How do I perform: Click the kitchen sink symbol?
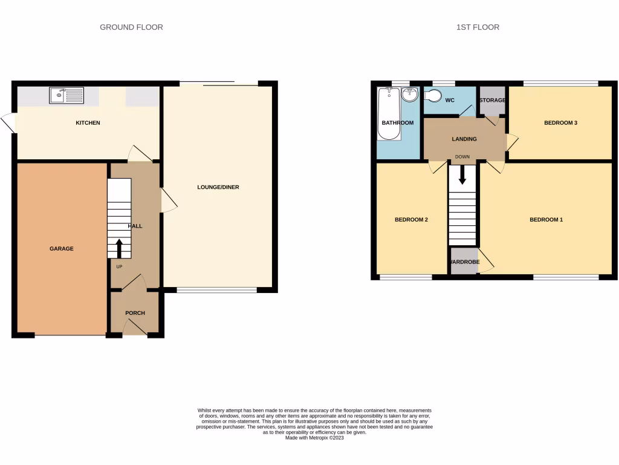pos(66,95)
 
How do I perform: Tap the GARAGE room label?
pos(62,248)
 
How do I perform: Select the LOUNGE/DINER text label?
pos(218,187)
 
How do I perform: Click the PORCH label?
pos(135,313)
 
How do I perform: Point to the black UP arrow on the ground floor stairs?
pos(119,247)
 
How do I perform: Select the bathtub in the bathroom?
pos(387,113)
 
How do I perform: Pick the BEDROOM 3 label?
pos(560,123)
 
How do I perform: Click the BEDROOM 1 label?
pos(546,220)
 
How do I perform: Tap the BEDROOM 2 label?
pos(411,220)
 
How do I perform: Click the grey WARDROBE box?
pos(464,262)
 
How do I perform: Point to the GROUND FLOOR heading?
pos(131,27)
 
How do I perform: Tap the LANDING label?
pos(464,139)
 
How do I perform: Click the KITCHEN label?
pos(88,123)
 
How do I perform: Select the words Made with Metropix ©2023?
pos(314,438)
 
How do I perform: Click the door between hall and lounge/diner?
pos(167,200)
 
